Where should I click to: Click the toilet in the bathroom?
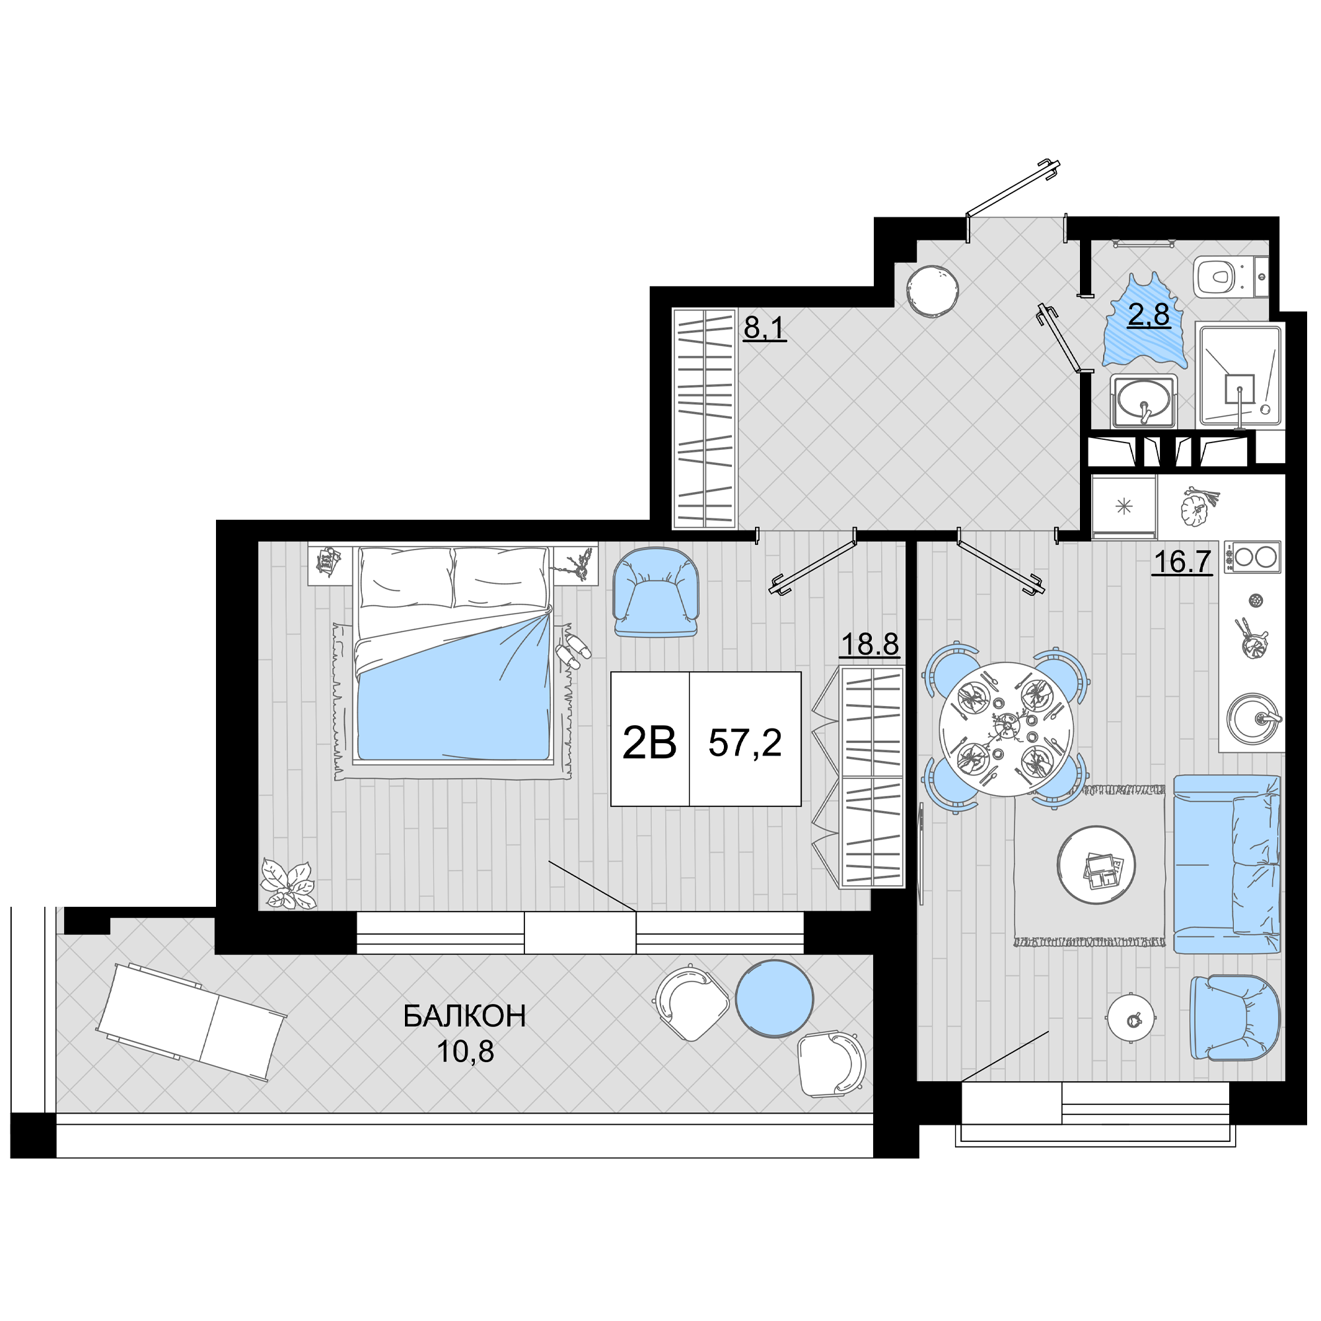[1230, 277]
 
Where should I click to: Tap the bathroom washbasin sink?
[1143, 401]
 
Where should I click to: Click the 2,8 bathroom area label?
[1149, 316]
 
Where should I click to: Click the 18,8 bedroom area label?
[870, 643]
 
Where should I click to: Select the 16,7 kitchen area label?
[1182, 562]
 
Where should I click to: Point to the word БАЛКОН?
[465, 1016]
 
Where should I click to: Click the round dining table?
[1006, 729]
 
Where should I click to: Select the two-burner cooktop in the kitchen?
[1252, 557]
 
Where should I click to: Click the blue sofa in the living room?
[1227, 864]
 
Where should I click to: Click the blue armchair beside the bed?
[656, 593]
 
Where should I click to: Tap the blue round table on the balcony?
[775, 999]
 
